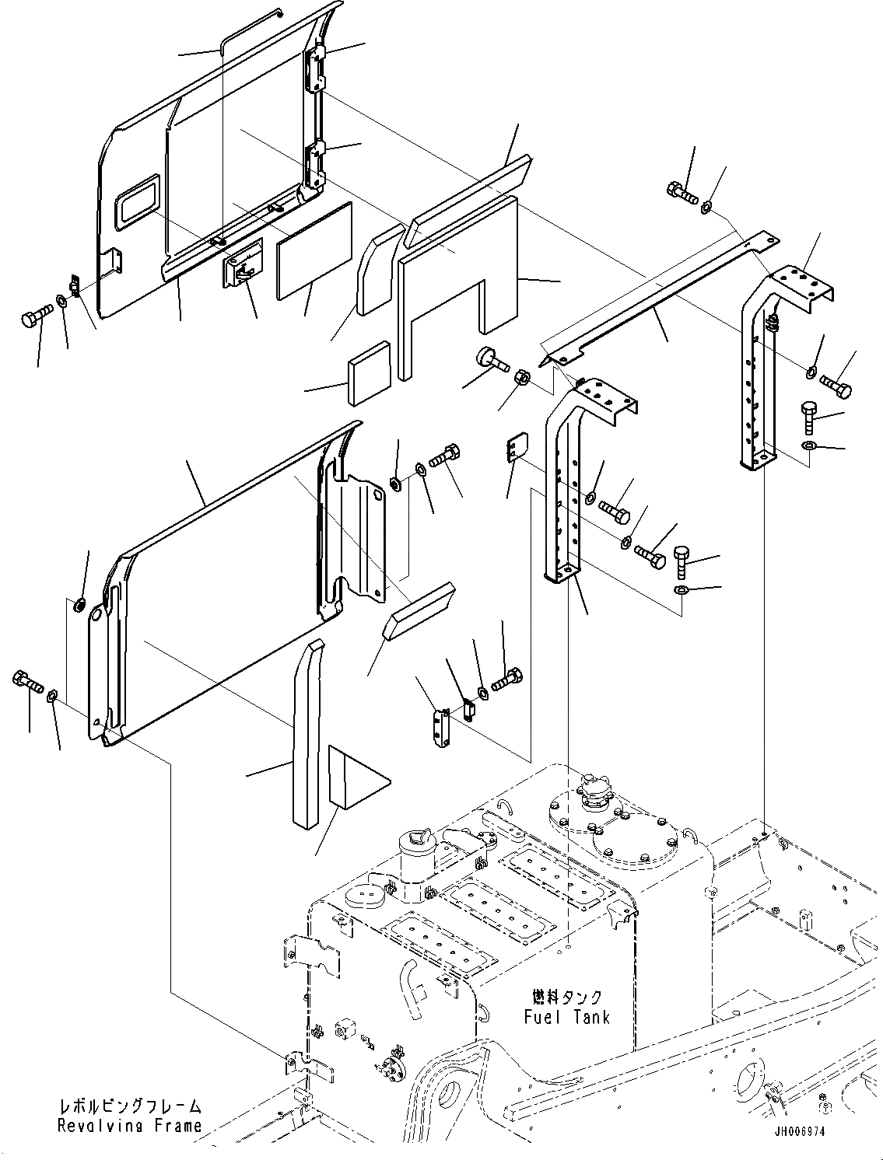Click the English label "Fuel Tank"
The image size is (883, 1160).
pos(566,1016)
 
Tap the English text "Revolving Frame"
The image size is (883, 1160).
pos(129,1125)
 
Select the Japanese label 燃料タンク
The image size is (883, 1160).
pos(567,998)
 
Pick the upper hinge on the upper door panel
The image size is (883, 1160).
pos(314,67)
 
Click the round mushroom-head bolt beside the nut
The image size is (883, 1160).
pos(489,359)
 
